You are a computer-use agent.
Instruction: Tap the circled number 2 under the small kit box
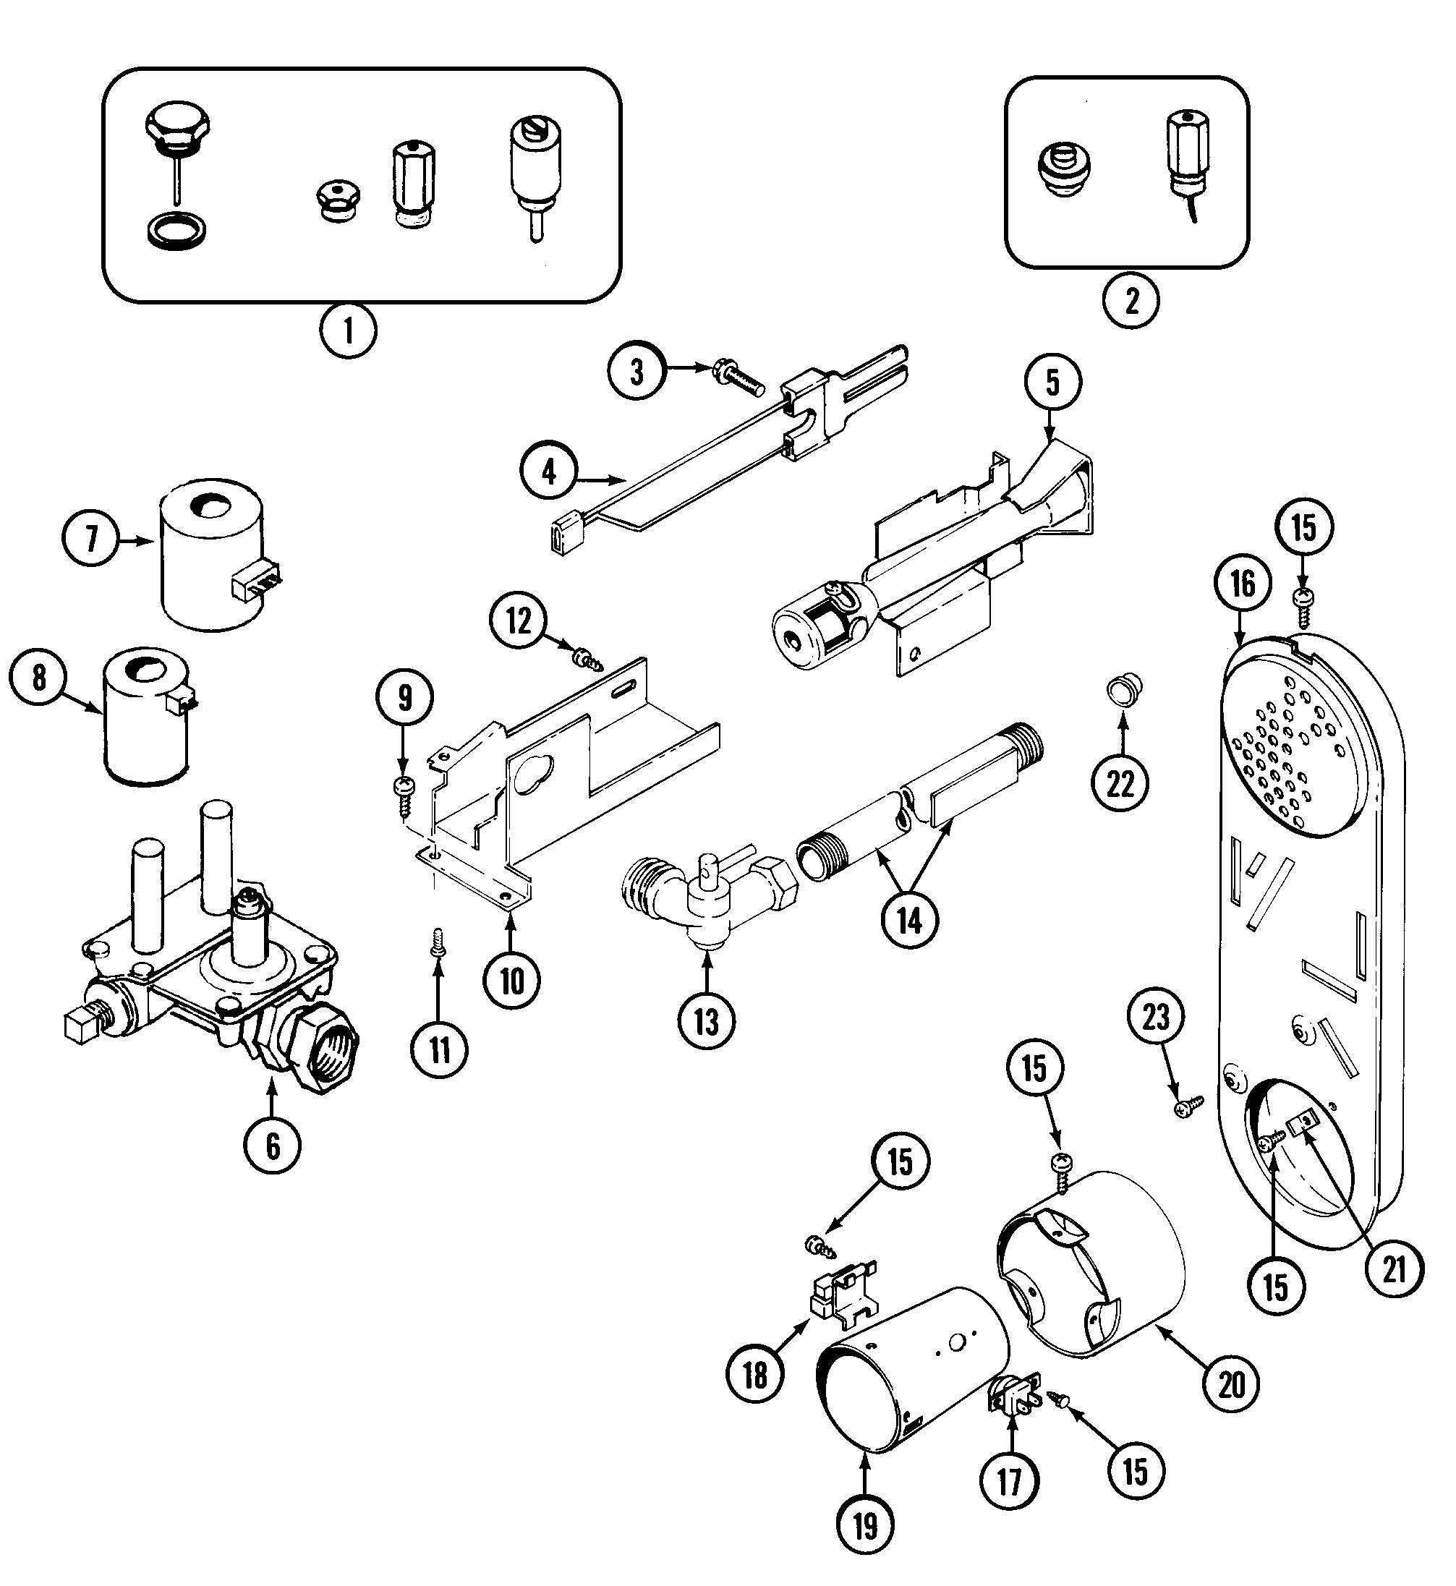tap(1131, 300)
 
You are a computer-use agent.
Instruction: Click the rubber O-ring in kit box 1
tap(178, 232)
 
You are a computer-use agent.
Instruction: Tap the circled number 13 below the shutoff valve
tap(707, 1022)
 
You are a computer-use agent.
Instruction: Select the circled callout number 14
tap(910, 919)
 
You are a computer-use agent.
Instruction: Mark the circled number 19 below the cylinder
tap(865, 1527)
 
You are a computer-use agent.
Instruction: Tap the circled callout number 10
tap(512, 981)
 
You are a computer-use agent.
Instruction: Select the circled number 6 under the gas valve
tap(273, 1146)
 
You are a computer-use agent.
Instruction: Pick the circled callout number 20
tap(1233, 1384)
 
